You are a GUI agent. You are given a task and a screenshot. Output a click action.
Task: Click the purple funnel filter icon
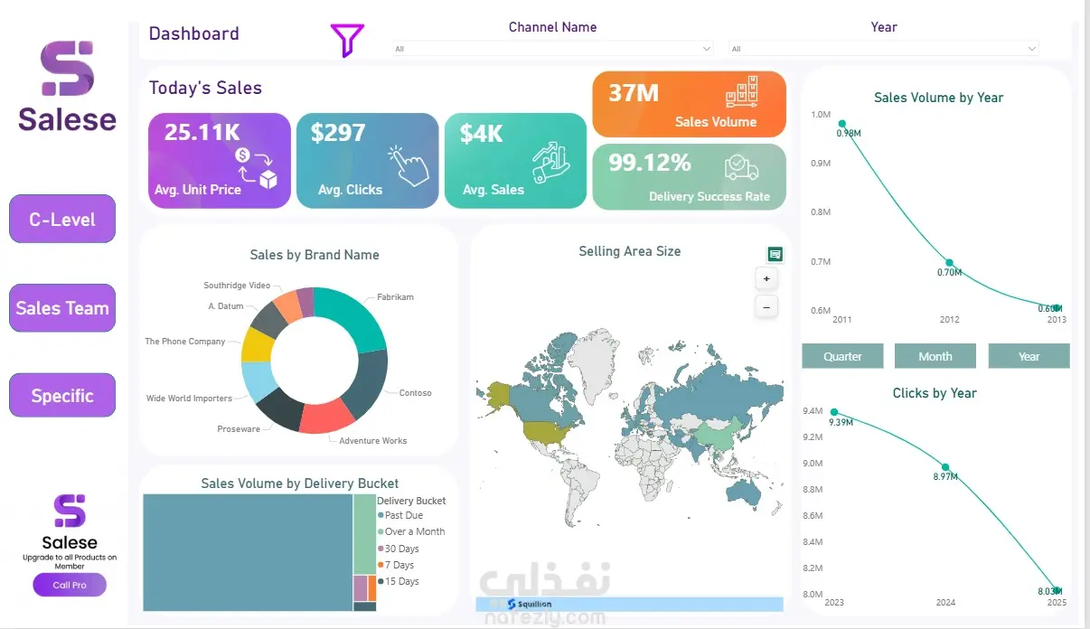tap(347, 40)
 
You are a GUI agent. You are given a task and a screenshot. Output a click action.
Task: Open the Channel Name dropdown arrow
tap(707, 49)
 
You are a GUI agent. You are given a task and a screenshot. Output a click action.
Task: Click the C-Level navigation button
tap(62, 219)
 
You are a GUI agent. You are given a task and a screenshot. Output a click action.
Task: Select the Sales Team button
tap(62, 308)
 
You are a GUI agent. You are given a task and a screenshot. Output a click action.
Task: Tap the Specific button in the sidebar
tap(62, 396)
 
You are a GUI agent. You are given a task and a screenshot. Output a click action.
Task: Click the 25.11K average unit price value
tap(202, 132)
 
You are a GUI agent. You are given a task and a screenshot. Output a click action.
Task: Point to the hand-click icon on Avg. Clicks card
tap(409, 165)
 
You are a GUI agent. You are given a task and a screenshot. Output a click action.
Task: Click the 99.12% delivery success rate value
tap(650, 163)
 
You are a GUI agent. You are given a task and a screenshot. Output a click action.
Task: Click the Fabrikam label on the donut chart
tap(395, 296)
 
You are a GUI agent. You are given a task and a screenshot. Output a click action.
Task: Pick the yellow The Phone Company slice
tap(257, 345)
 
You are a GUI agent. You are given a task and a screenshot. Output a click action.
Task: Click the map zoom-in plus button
tap(766, 278)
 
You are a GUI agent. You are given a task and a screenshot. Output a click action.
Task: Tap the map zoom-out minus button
tap(766, 307)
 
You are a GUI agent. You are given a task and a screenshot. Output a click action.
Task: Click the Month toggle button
tap(935, 356)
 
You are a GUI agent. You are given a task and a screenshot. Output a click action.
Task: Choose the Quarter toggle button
tap(842, 356)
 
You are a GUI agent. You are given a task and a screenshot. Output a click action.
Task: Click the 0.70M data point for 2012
tap(949, 263)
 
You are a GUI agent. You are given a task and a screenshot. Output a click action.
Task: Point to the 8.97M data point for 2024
tap(945, 467)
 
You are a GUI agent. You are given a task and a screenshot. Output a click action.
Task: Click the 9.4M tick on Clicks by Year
tap(813, 411)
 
